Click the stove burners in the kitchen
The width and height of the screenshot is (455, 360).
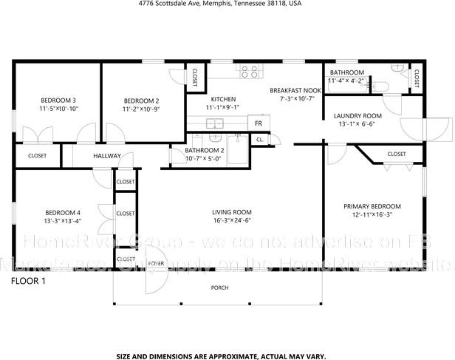pyautogui.click(x=250, y=72)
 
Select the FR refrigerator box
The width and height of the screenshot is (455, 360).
pyautogui.click(x=259, y=123)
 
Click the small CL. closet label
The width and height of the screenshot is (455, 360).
pyautogui.click(x=260, y=139)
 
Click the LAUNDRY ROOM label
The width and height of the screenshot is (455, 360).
pyautogui.click(x=357, y=116)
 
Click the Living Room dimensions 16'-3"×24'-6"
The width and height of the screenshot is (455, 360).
pyautogui.click(x=233, y=220)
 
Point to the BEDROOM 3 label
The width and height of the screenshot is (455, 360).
pyautogui.click(x=59, y=100)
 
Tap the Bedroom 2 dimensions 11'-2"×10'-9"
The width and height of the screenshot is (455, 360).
pyautogui.click(x=141, y=109)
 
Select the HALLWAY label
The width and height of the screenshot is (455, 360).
pyautogui.click(x=107, y=156)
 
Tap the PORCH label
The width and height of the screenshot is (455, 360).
pyautogui.click(x=219, y=288)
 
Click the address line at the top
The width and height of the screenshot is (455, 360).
pyautogui.click(x=220, y=4)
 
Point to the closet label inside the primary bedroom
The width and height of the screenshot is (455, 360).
pyautogui.click(x=396, y=154)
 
